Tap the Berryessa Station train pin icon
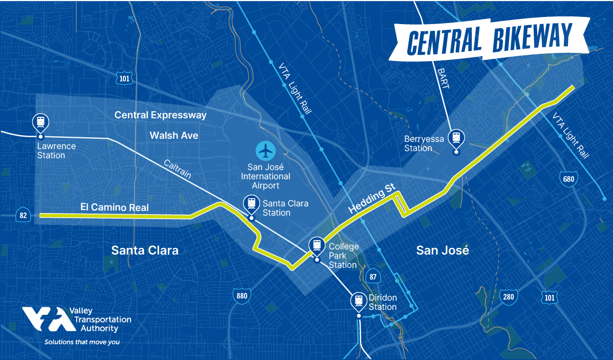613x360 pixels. point(455,138)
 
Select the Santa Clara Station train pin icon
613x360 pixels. point(251,203)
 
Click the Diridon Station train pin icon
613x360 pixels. point(359,301)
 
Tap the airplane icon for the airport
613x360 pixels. point(266,151)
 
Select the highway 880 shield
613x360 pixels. point(242,295)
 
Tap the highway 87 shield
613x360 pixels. point(372,277)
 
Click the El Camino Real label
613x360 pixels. point(115,207)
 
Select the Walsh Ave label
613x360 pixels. point(174,135)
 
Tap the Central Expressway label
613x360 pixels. point(161,115)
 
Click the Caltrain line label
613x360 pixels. point(178,168)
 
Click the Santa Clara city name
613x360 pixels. point(145,250)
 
